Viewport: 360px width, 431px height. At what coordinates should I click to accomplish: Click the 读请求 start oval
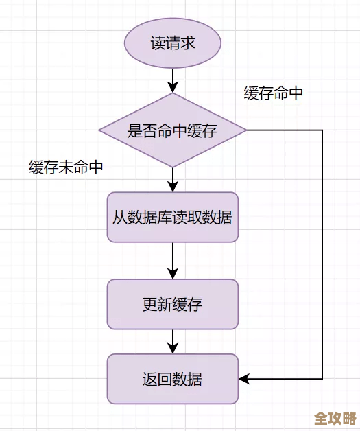173,43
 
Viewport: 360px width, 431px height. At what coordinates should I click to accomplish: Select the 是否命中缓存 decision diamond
173,130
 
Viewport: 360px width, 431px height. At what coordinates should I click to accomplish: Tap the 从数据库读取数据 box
173,218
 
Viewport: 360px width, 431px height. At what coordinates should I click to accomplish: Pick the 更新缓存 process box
173,304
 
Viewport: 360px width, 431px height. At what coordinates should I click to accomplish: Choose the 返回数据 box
173,378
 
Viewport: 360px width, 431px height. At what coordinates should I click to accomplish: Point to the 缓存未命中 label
66,167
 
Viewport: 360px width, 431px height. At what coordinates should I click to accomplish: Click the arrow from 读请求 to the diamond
173,79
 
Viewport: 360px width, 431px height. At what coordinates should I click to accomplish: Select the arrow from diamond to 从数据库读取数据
173,178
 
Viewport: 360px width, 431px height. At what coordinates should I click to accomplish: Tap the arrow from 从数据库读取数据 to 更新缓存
173,261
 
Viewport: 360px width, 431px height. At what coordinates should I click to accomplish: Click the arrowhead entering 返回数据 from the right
244,378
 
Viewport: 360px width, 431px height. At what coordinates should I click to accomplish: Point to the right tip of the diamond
247,130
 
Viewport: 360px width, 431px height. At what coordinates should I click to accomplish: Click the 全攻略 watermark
335,418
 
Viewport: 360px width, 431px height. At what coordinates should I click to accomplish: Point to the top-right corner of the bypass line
322,130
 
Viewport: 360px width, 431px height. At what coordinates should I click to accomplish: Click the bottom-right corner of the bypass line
322,378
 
